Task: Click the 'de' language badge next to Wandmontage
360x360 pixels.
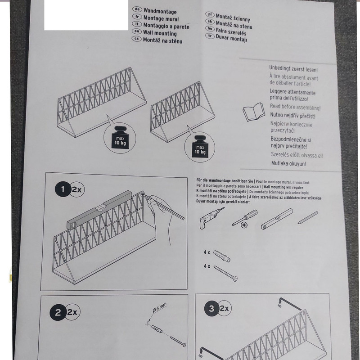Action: click(137, 9)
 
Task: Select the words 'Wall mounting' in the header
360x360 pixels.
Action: click(160, 33)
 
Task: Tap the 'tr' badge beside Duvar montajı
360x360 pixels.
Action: click(210, 36)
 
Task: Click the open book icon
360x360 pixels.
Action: click(254, 112)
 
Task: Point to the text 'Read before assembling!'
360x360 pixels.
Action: click(295, 107)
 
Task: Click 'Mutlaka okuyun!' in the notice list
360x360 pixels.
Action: click(288, 163)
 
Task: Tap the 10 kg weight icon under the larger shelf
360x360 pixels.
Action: click(120, 139)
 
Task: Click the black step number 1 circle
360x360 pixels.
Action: click(63, 189)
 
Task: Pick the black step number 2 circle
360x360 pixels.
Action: click(58, 312)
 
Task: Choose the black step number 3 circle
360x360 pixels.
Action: click(211, 308)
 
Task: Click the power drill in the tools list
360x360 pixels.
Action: click(211, 218)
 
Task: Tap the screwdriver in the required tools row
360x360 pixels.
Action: click(244, 218)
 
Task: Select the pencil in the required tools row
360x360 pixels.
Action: click(308, 218)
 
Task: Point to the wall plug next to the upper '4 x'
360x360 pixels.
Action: click(221, 256)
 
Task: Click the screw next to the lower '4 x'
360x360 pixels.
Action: click(225, 274)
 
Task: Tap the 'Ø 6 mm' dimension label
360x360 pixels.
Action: click(160, 307)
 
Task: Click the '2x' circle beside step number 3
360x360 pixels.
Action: click(224, 308)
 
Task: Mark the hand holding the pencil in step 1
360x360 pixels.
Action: click(161, 216)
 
